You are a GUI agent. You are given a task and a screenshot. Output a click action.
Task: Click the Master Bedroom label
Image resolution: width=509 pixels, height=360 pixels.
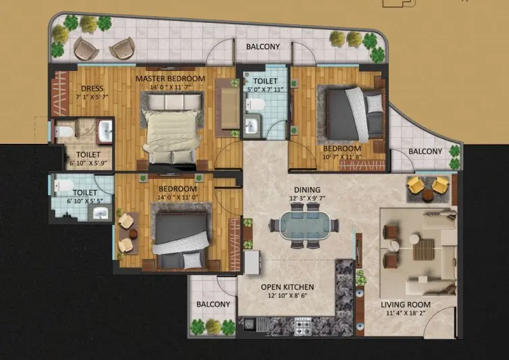coord(170,78)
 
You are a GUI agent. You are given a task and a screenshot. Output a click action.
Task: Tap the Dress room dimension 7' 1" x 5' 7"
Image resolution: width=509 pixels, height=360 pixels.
coord(92,97)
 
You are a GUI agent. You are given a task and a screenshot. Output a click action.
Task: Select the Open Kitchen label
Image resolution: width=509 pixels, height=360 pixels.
coord(288,287)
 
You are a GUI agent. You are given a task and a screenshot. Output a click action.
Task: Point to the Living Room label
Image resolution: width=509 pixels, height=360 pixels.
coord(406,305)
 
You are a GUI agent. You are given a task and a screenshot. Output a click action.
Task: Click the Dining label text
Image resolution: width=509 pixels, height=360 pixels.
coord(307,190)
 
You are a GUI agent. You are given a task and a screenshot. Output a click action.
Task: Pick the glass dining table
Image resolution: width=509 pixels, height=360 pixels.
coord(304,226)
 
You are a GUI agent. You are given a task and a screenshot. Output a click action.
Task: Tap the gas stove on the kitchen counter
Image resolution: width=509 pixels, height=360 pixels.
coord(303,326)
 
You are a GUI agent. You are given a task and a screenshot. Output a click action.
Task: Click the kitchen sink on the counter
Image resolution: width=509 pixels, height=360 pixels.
coord(250,324)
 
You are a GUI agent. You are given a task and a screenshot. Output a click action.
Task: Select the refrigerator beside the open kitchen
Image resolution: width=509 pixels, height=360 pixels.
coord(252,262)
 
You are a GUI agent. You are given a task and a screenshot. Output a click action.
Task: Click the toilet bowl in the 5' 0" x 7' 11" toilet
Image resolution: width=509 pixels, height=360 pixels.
coord(255,105)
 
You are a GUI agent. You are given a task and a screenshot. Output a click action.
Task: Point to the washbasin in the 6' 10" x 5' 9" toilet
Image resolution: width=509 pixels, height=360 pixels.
coord(105,131)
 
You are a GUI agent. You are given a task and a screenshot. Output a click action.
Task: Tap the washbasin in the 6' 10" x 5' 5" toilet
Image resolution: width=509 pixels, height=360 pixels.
coord(101,213)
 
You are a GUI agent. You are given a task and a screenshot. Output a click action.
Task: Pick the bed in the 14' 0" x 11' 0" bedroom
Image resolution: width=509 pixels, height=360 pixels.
coord(181,240)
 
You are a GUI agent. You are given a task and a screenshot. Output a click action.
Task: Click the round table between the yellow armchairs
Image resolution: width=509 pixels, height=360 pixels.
coord(427,195)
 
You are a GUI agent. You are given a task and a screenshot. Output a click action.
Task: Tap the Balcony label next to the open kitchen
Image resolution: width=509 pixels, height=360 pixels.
coord(213,305)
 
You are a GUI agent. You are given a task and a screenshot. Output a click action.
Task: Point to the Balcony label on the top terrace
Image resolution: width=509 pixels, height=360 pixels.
coord(263,47)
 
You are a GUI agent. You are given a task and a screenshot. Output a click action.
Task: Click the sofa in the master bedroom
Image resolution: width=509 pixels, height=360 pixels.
coord(228,108)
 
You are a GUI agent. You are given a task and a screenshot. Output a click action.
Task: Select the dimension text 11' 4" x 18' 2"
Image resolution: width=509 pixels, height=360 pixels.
coord(406,313)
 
